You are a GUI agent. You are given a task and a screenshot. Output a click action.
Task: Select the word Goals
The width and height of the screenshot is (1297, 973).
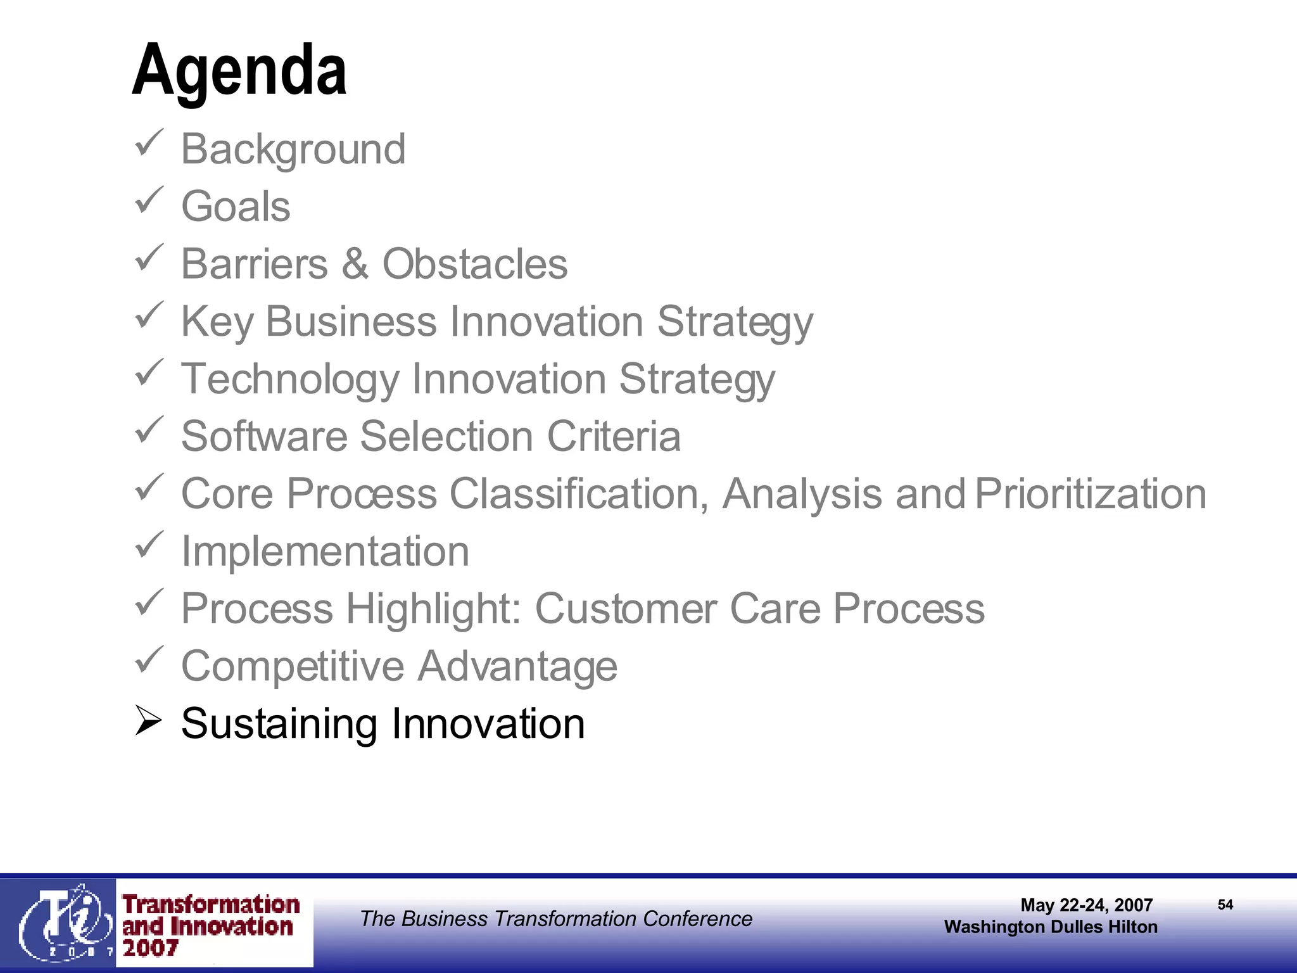pos(236,207)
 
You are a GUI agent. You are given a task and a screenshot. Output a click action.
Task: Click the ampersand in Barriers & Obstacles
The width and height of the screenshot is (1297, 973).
pos(355,264)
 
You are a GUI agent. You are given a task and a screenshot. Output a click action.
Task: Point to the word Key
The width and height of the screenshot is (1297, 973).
pos(217,322)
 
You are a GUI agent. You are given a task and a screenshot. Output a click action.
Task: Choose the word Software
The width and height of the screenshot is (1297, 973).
pos(264,436)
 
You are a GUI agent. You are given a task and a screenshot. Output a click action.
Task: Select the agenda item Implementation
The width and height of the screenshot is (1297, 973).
pos(325,551)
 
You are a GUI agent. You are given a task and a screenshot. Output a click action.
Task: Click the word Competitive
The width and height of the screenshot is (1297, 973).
pos(293,666)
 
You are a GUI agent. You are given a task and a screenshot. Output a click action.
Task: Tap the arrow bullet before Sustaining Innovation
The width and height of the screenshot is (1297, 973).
pos(149,722)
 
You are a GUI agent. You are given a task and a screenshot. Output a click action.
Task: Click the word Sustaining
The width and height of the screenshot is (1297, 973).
pos(279,723)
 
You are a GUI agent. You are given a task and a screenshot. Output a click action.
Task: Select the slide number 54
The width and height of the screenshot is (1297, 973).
pos(1225,905)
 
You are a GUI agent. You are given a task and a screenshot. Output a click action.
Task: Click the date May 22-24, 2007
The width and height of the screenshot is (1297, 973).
pos(1086,905)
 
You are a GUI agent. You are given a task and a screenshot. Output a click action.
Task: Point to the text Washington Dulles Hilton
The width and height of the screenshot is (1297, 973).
pos(1051,927)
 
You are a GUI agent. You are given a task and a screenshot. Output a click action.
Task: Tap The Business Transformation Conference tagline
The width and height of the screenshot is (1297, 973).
pos(556,919)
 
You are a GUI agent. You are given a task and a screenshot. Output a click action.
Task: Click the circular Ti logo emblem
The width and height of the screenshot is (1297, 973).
pos(60,922)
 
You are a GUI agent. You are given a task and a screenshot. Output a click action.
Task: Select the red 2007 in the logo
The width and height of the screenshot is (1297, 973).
pos(150,948)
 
